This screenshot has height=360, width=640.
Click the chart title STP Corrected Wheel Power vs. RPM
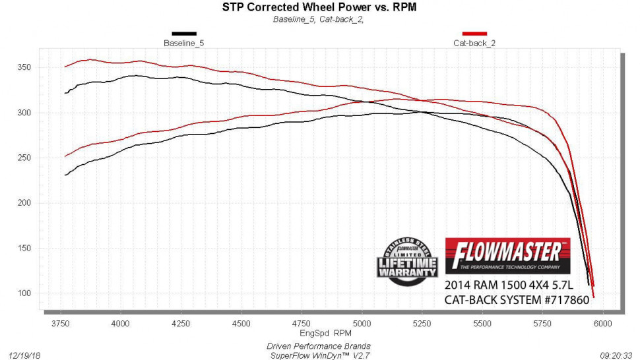click(x=319, y=7)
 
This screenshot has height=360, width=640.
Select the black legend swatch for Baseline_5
click(x=184, y=34)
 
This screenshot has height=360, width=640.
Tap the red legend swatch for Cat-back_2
click(x=474, y=34)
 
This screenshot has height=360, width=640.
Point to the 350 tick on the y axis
click(x=24, y=67)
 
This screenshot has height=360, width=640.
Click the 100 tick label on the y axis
click(x=24, y=293)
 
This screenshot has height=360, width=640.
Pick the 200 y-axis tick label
click(x=24, y=202)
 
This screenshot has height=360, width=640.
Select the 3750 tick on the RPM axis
click(x=60, y=323)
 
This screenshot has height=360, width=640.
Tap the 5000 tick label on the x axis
click(x=362, y=323)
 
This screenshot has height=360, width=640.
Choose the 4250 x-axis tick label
click(x=181, y=323)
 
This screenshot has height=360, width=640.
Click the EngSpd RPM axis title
click(x=320, y=334)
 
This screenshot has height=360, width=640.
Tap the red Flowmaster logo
click(x=507, y=255)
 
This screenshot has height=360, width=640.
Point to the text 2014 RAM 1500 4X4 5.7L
click(x=508, y=286)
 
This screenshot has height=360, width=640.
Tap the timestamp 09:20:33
click(x=615, y=354)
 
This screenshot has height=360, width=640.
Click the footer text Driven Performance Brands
click(x=319, y=345)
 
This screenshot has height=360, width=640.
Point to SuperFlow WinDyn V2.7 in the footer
click(x=319, y=355)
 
